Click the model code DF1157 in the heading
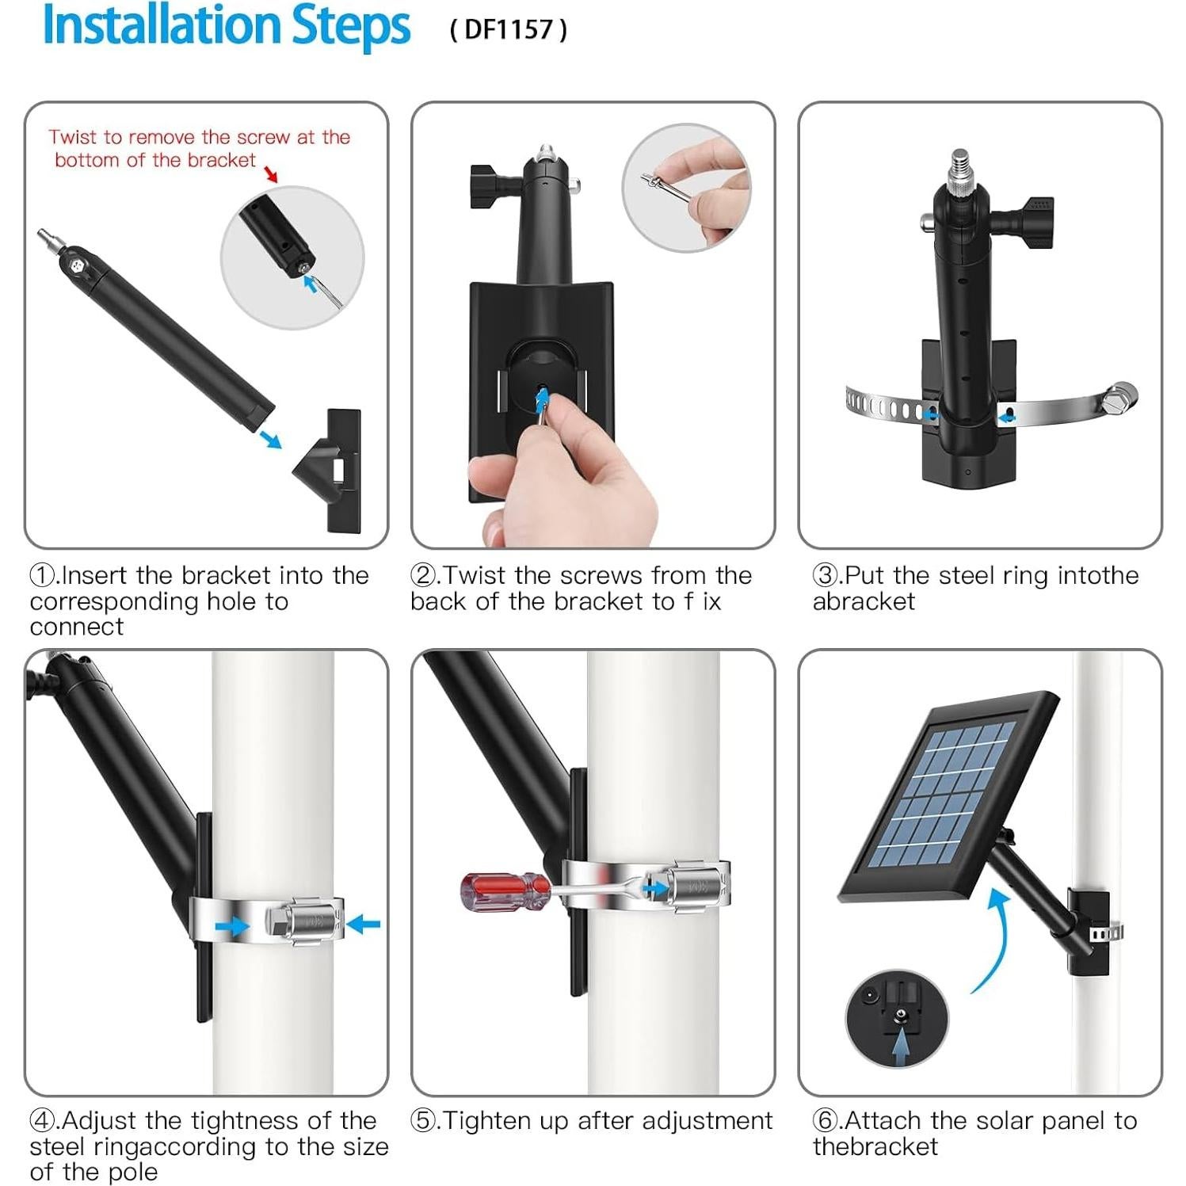point(508,29)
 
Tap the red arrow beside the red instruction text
point(271,174)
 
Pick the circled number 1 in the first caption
point(42,574)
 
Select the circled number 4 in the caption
point(42,1120)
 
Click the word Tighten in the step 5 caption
point(488,1121)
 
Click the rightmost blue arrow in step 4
point(364,924)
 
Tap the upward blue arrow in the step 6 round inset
point(900,1046)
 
